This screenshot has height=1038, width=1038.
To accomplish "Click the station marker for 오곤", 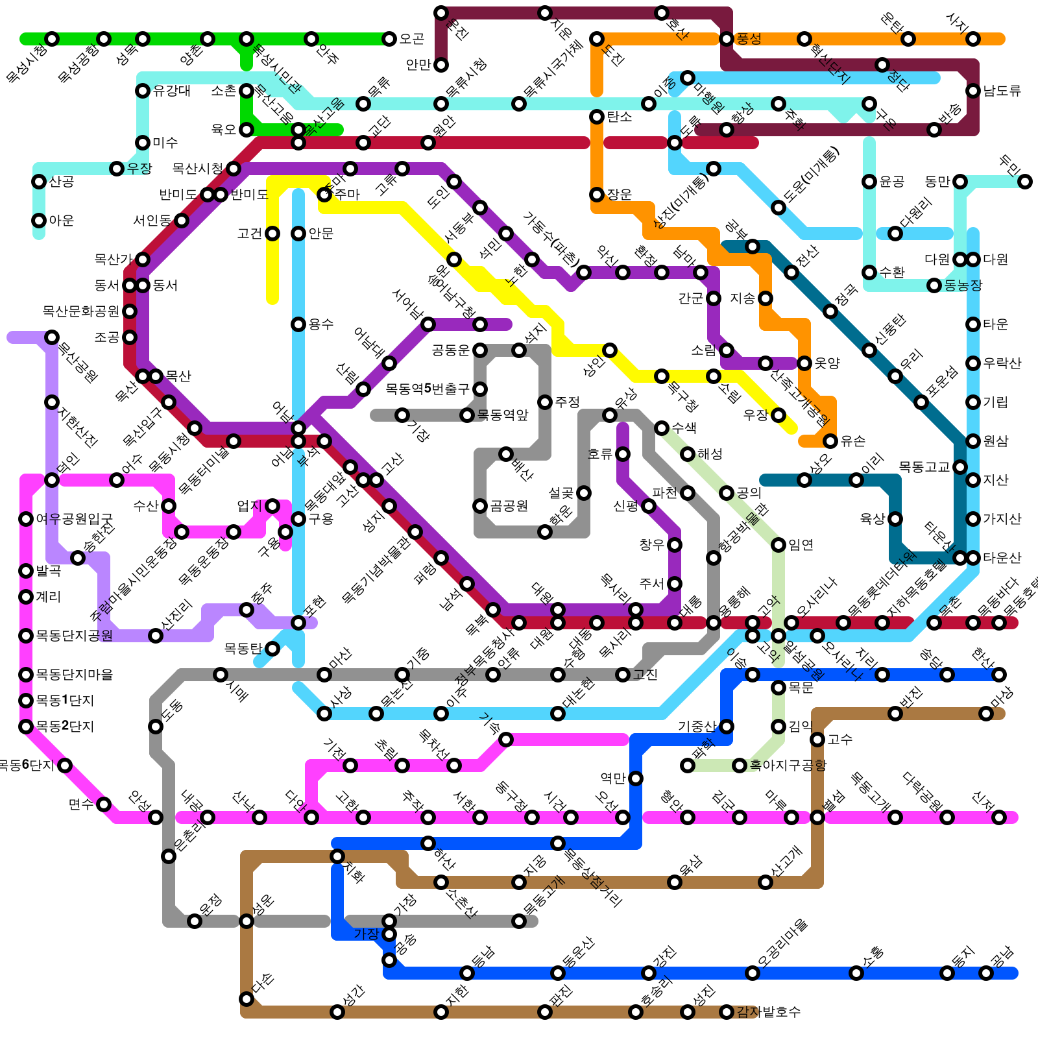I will (389, 39).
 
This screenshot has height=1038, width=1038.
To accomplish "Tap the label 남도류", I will (1002, 91).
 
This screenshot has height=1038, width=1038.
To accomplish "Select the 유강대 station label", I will (172, 91).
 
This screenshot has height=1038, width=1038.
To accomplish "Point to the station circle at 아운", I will (39, 221).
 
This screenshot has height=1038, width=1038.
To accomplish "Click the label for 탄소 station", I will (620, 117).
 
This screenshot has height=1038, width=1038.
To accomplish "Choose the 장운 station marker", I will (597, 195).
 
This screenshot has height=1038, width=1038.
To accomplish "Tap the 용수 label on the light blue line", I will (321, 324).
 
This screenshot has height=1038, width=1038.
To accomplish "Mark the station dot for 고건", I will (272, 234).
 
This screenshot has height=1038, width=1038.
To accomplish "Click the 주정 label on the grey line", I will (568, 402).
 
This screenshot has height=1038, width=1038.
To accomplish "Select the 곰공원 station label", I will (509, 506).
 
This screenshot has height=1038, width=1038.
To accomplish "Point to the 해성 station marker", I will (688, 454).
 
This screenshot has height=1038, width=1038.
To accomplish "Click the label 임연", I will (801, 545).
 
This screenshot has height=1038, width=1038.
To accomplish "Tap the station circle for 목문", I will (779, 688).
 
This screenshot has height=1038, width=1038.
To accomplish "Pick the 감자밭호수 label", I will (769, 1012).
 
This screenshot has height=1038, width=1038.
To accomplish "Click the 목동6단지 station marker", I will (65, 766).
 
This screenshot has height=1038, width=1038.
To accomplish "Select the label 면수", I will (81, 804).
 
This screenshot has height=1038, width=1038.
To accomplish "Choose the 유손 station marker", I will (830, 441).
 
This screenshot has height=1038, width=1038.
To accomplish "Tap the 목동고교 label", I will (924, 467).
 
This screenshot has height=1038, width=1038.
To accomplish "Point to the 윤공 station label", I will (892, 182).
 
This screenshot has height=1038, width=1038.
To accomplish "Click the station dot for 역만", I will (636, 779).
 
